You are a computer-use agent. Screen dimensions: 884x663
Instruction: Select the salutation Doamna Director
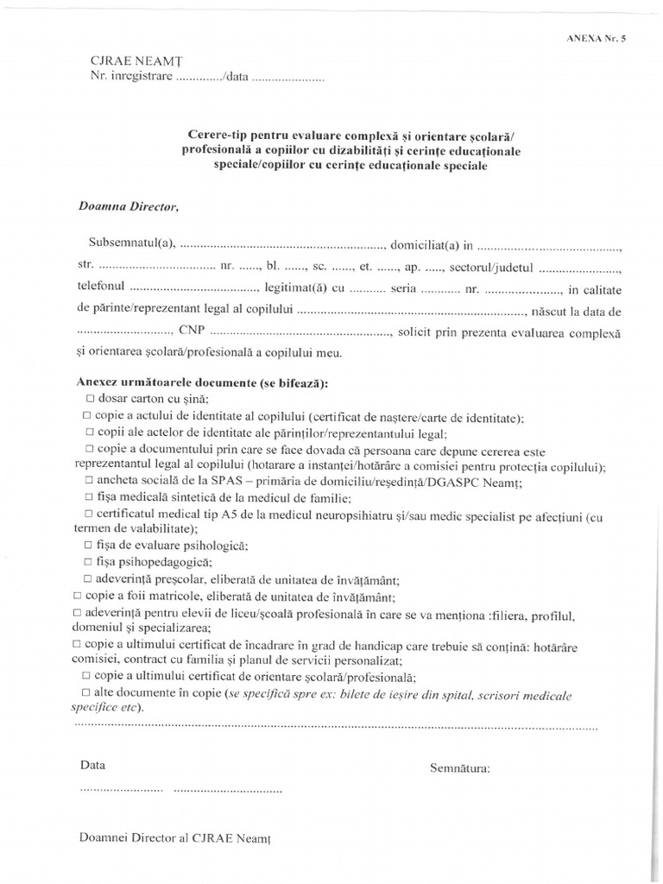[128, 206]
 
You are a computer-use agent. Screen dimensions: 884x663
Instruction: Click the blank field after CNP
[300, 332]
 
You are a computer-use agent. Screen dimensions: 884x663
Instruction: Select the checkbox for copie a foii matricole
[79, 597]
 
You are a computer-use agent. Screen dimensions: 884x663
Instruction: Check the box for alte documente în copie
[85, 693]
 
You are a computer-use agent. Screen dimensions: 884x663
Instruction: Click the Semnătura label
[459, 767]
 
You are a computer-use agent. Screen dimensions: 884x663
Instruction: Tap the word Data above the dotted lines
[92, 766]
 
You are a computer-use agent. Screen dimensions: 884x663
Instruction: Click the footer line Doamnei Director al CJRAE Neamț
[179, 837]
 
